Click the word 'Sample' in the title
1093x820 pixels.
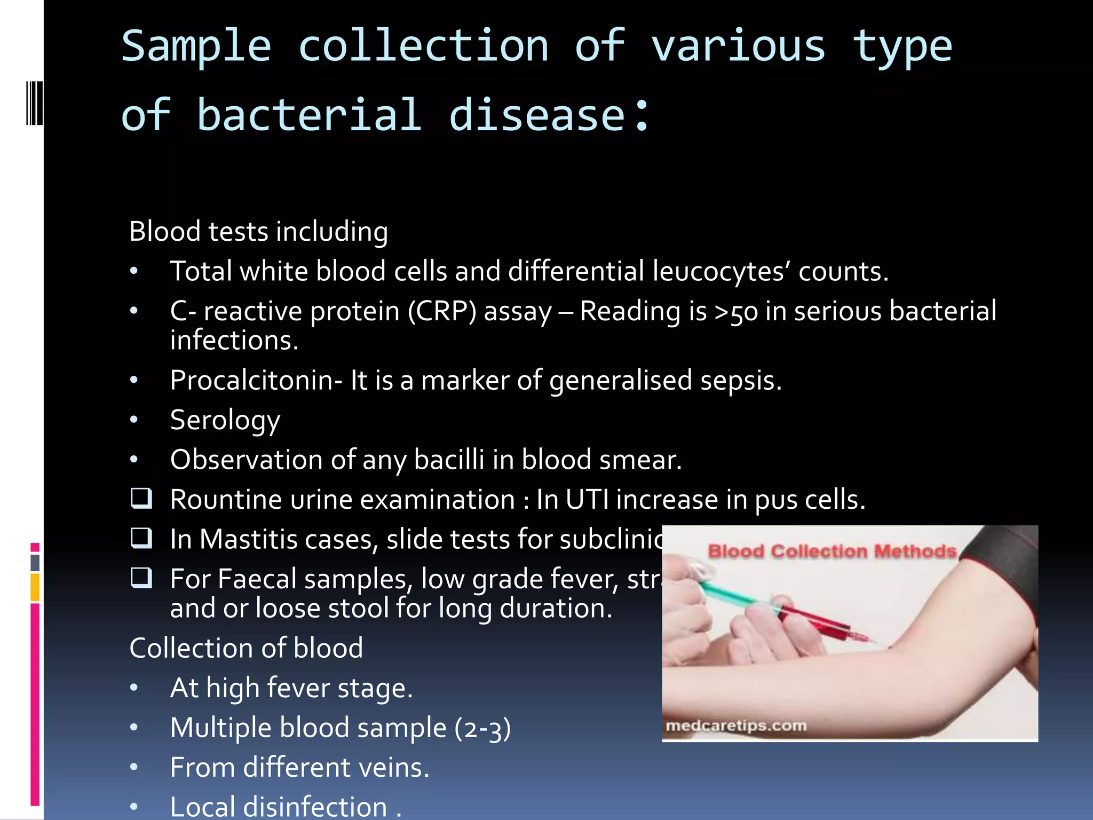(x=196, y=47)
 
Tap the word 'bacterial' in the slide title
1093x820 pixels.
(x=310, y=115)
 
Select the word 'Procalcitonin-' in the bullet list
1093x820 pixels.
(x=256, y=381)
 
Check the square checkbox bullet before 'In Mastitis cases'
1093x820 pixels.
(x=141, y=538)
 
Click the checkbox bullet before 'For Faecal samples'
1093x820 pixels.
(x=141, y=578)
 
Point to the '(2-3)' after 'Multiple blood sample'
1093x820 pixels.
(x=482, y=728)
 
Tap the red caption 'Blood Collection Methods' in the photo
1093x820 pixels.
(x=831, y=551)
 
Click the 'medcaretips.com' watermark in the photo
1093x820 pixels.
(x=736, y=726)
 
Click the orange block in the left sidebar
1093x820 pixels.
(x=35, y=587)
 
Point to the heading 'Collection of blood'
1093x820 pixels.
(x=246, y=649)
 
